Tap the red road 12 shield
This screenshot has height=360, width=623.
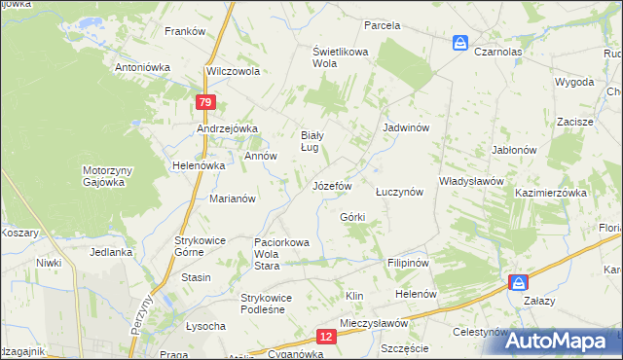(x=326, y=337)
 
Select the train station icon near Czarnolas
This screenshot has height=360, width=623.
(x=460, y=43)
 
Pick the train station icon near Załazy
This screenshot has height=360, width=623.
(x=519, y=281)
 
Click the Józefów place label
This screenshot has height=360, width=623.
(x=331, y=185)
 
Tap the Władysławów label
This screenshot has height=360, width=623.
(x=470, y=181)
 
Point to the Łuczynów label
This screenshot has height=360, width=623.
(x=399, y=193)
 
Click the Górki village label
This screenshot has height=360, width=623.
(x=352, y=217)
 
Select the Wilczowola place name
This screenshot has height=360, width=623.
(x=233, y=72)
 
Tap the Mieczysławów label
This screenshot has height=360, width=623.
(x=373, y=323)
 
